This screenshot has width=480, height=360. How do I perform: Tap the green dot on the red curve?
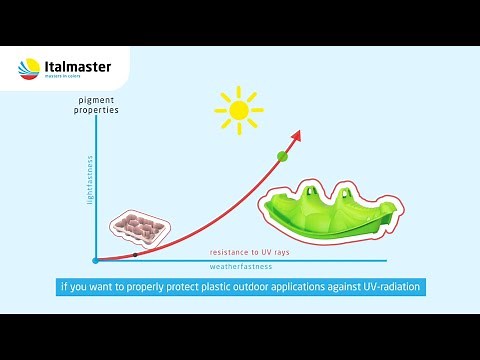pyautogui.click(x=282, y=155)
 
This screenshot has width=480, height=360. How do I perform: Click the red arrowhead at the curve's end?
pyautogui.click(x=297, y=134)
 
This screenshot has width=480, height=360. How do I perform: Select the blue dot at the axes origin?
pyautogui.click(x=95, y=260)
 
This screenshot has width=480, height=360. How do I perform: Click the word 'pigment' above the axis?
pyautogui.click(x=96, y=100)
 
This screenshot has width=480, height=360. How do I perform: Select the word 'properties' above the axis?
pyautogui.click(x=96, y=110)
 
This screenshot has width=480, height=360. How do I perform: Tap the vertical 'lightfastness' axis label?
pyautogui.click(x=90, y=180)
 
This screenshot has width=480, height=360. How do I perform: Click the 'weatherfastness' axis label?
pyautogui.click(x=240, y=268)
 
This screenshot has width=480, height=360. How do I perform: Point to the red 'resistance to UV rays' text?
pyautogui.click(x=250, y=253)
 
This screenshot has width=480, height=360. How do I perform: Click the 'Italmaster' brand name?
pyautogui.click(x=78, y=68)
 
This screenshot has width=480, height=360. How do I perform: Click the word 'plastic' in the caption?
pyautogui.click(x=205, y=288)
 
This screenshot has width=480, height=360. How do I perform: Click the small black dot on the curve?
pyautogui.click(x=135, y=255)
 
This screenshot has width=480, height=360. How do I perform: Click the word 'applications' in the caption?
pyautogui.click(x=298, y=288)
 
